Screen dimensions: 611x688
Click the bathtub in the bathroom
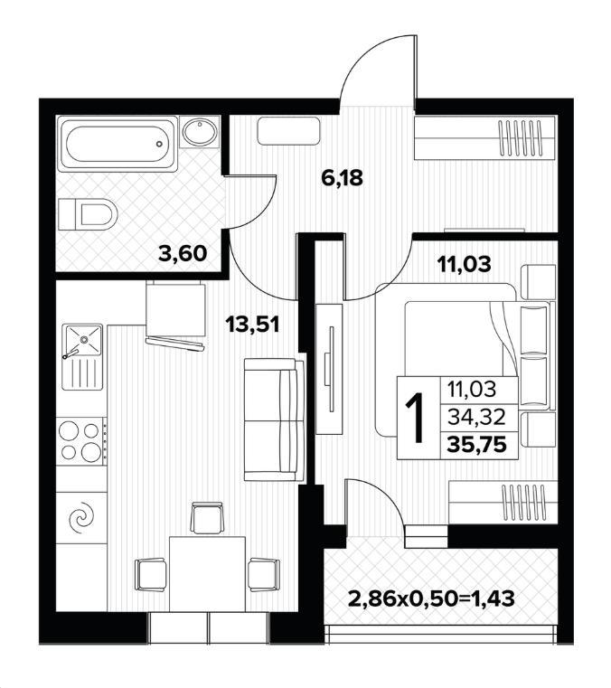[x=117, y=144]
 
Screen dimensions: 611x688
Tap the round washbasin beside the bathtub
[x=200, y=131]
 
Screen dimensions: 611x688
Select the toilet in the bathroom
[x=88, y=214]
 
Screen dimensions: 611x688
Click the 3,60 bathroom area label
[x=182, y=253]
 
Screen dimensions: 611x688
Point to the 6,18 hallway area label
[x=343, y=178]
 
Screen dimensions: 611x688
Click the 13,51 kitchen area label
[x=252, y=325]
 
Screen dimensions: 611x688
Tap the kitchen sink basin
[x=83, y=338]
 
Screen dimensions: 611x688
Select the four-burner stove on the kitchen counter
[x=81, y=441]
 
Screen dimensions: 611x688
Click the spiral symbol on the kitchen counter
[x=81, y=518]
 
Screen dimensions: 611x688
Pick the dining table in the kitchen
[x=207, y=573]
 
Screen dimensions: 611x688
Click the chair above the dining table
[x=207, y=518]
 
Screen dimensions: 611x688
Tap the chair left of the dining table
[x=151, y=574]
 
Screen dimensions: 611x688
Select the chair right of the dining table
[x=264, y=574]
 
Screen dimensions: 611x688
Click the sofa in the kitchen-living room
[x=274, y=419]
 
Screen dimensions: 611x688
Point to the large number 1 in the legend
[x=416, y=419]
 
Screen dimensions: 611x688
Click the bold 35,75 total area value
[x=477, y=446]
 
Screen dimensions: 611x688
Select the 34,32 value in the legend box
[x=477, y=417]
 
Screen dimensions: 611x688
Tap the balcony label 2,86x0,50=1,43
[x=431, y=598]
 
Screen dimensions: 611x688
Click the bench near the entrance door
[x=289, y=131]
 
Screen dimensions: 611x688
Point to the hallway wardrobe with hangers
[x=486, y=137]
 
